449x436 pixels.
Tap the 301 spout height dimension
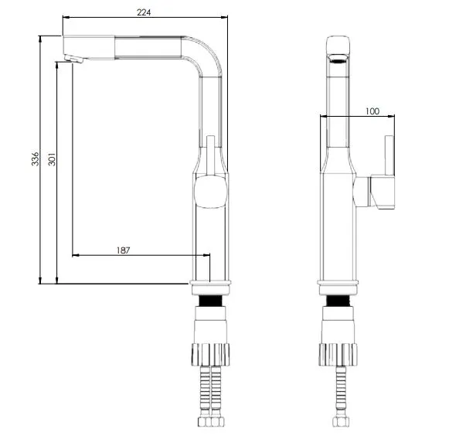pos(51,160)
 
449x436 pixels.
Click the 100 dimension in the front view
pos(371,111)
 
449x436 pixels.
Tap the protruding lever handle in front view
pos(383,190)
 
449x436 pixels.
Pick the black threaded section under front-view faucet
pos(338,301)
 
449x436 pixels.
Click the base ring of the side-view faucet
pos(209,284)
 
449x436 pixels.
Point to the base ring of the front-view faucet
pos(338,284)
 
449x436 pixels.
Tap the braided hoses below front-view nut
pos(338,398)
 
